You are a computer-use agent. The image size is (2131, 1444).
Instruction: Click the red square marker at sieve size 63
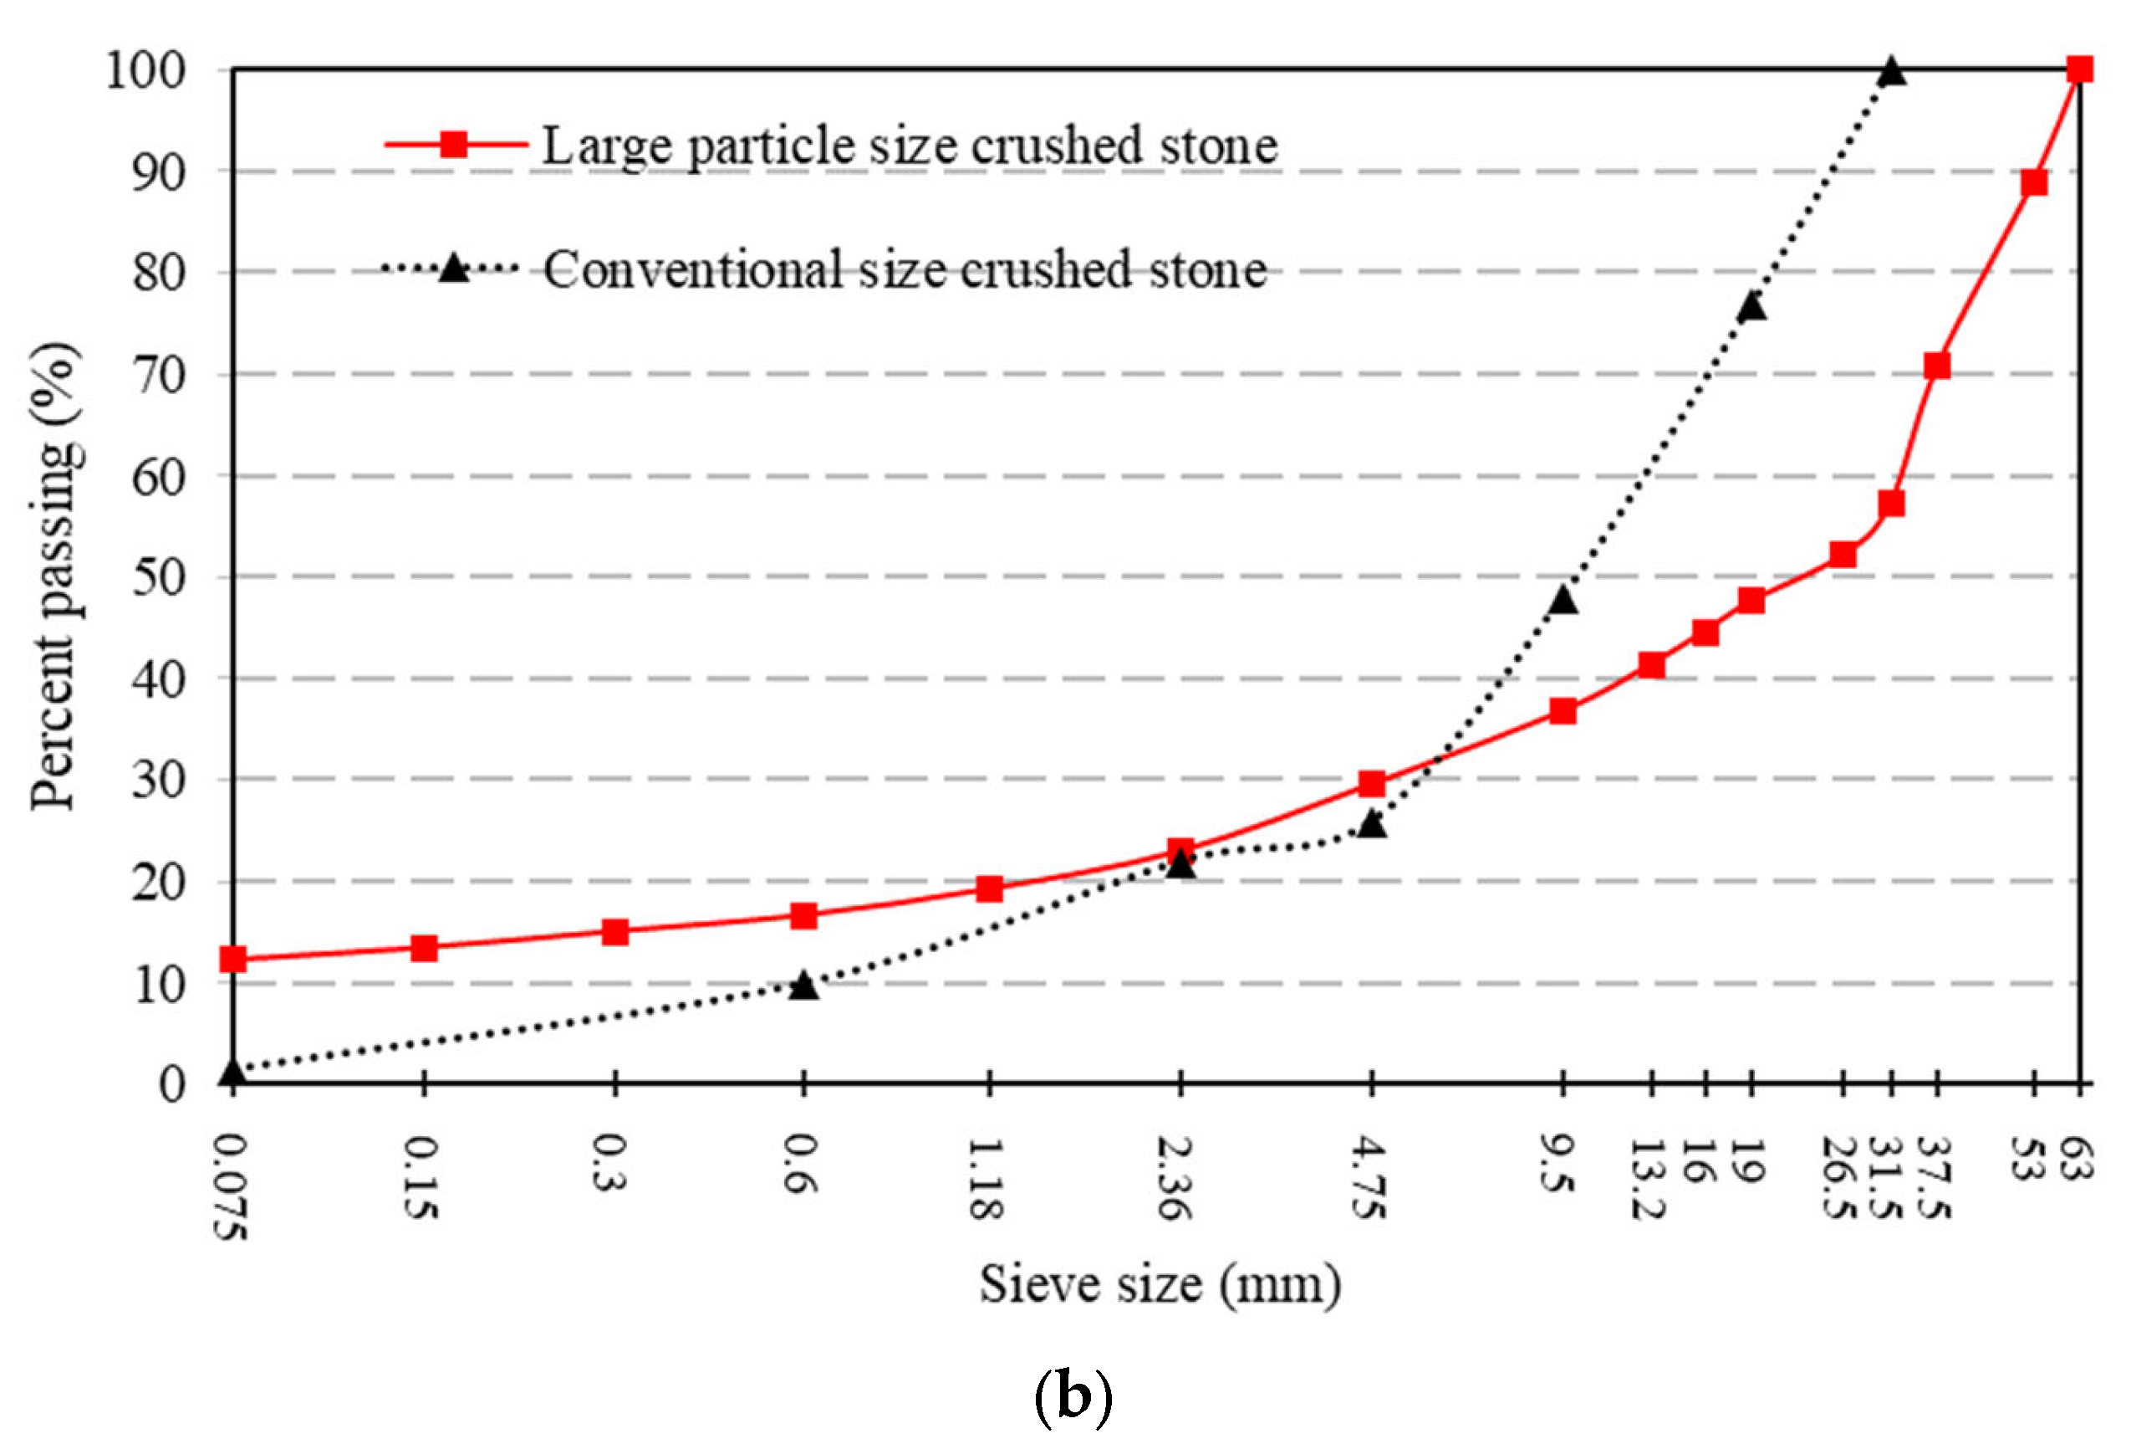click(2080, 69)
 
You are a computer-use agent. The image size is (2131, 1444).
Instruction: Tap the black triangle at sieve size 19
click(1751, 306)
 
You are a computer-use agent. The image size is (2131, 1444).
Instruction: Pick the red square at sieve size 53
click(2034, 182)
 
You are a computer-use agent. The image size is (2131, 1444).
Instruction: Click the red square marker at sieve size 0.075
click(233, 959)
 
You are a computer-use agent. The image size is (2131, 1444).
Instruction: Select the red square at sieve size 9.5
click(1563, 711)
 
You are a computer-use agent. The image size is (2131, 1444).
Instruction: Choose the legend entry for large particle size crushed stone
click(908, 145)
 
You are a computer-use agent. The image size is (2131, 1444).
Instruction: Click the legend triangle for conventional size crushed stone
click(453, 269)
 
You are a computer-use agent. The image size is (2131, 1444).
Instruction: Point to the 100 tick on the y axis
click(145, 70)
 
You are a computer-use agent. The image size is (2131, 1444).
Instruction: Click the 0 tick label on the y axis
click(171, 1084)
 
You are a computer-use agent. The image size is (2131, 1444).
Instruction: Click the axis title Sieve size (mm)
click(1160, 1284)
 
